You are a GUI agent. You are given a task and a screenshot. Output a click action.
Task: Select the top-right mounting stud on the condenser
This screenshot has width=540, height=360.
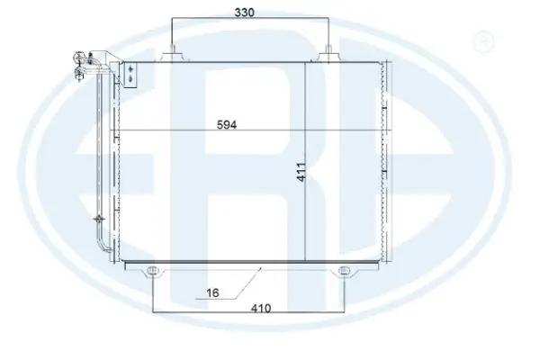coord(332,52)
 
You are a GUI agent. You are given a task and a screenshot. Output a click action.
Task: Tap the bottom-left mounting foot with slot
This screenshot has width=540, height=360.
coord(154,271)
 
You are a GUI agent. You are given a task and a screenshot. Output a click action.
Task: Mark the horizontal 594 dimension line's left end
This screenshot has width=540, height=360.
coord(112,133)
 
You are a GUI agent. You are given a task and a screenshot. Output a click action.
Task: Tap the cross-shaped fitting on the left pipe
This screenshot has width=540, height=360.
coord(95,218)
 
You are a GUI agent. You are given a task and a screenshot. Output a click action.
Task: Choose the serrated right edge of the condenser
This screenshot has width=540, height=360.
coord(386,162)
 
